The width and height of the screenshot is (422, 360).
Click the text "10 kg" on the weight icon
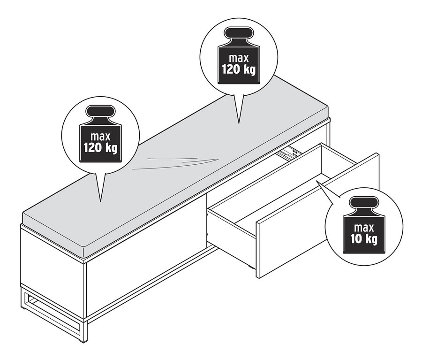[363, 239]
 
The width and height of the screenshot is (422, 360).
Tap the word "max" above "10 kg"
[364, 228]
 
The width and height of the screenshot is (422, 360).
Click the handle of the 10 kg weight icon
[363, 202]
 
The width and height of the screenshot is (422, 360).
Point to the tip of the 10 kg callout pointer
[316, 181]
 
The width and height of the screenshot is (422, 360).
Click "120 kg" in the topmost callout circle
[239, 70]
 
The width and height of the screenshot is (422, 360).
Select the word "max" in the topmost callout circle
[239, 58]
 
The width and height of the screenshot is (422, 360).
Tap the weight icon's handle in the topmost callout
[239, 32]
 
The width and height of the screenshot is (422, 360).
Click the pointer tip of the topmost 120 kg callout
[239, 124]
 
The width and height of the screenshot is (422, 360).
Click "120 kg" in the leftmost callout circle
[100, 148]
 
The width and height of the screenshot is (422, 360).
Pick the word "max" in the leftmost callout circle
[101, 137]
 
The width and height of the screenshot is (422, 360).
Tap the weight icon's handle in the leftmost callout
[100, 111]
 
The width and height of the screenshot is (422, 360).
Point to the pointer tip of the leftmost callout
[100, 202]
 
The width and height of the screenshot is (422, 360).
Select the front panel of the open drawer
[317, 215]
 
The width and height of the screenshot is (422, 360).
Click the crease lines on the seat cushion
[176, 163]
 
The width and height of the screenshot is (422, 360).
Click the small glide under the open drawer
[251, 268]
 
